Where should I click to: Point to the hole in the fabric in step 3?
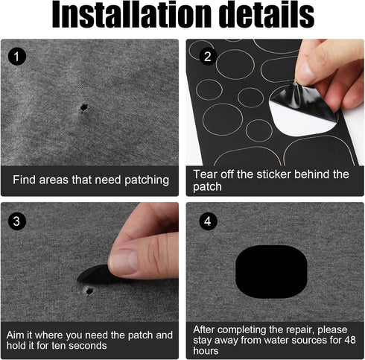89,290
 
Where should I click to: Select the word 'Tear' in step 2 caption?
206,174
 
